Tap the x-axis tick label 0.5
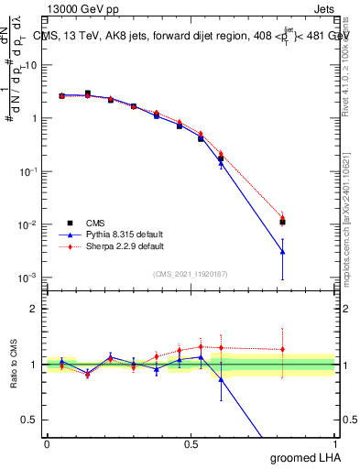coord(191,442)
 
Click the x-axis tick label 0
coord(47,442)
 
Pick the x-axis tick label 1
coord(334,442)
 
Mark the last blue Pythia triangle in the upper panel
coord(282,251)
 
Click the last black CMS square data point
coord(282,222)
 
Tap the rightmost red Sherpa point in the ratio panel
coord(282,349)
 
